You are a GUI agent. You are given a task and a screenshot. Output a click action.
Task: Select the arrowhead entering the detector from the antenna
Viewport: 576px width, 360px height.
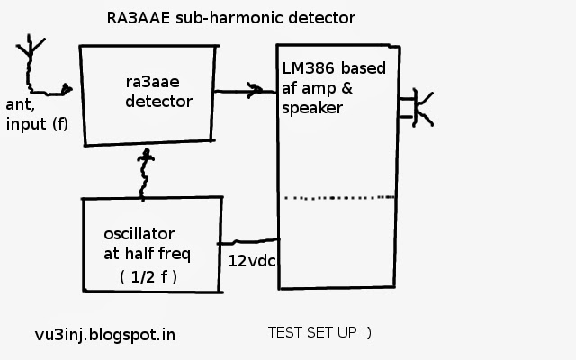pos(67,89)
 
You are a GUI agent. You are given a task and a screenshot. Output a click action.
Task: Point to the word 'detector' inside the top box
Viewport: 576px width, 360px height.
pos(158,102)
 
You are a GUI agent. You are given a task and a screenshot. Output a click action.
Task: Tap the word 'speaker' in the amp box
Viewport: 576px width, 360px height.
pos(311,109)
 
